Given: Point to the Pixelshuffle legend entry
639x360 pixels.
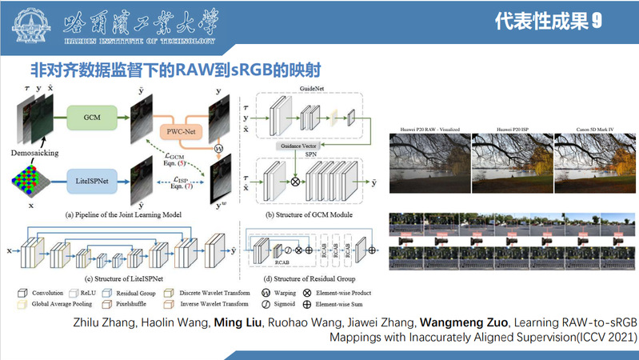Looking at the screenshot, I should pyautogui.click(x=130, y=303).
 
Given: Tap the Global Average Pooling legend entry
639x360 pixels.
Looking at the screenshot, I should pyautogui.click(x=57, y=303).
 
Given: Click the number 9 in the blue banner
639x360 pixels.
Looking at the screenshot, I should pyautogui.click(x=596, y=22).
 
